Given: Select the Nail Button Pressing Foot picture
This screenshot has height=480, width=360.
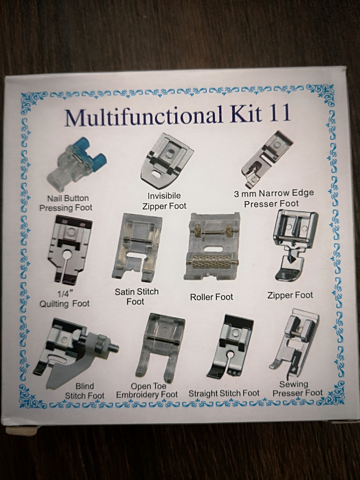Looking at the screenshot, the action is click(76, 166).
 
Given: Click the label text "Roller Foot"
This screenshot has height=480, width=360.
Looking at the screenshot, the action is click(211, 297).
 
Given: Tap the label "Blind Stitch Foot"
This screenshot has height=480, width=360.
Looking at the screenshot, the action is click(85, 391).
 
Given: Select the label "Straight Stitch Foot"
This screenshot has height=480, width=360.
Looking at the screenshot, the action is click(224, 394).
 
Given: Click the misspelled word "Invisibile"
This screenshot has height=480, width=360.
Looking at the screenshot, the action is click(164, 195).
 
